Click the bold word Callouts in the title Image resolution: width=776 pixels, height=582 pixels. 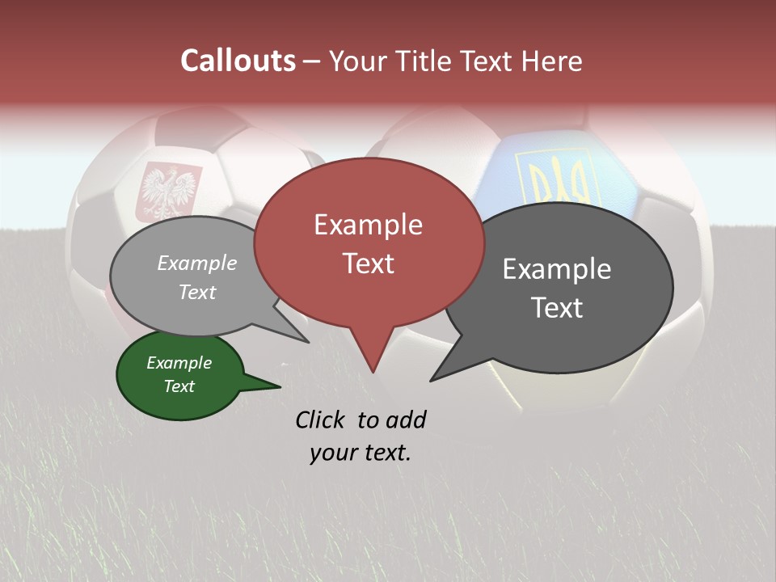(x=238, y=61)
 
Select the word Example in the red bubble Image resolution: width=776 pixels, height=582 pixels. (x=368, y=225)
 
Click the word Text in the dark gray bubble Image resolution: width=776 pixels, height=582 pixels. (x=557, y=308)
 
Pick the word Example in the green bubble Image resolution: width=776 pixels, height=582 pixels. (x=179, y=363)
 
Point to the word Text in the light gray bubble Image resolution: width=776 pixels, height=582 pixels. (x=197, y=292)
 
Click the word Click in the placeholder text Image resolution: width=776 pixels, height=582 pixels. (x=322, y=420)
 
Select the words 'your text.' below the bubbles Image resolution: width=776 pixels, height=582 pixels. (x=361, y=453)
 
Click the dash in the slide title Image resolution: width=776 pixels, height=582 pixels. (x=312, y=61)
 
